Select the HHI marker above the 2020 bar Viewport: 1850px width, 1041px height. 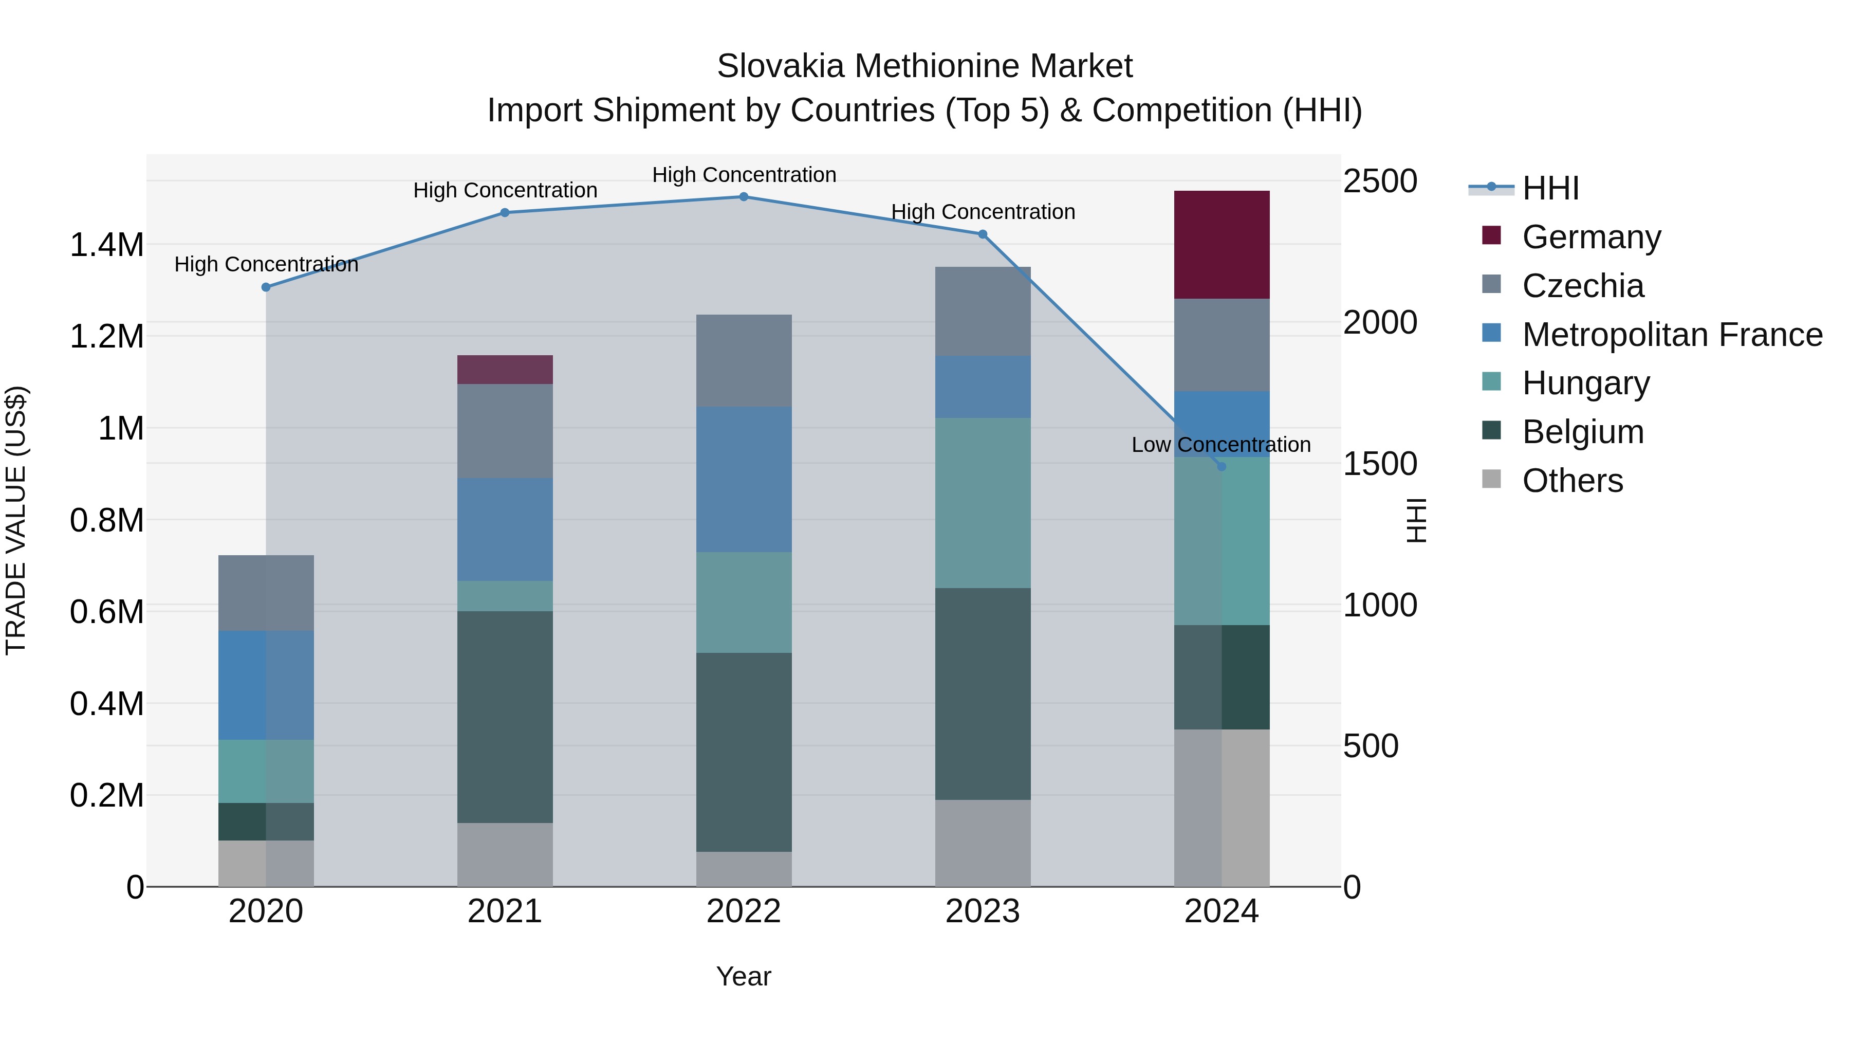click(x=266, y=287)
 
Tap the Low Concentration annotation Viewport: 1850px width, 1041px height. click(x=1221, y=445)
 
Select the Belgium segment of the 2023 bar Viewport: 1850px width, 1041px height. click(x=983, y=694)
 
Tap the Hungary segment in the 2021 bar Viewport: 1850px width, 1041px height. click(x=505, y=596)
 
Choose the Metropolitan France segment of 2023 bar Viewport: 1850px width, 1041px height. click(x=983, y=387)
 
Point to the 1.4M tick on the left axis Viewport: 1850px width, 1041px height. click(x=106, y=245)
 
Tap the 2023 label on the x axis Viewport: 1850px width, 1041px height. click(x=983, y=911)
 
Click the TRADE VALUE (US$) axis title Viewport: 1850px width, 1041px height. click(x=16, y=520)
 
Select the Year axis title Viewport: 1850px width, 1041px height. click(x=743, y=976)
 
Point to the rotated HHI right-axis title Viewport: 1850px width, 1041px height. click(x=1416, y=520)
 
